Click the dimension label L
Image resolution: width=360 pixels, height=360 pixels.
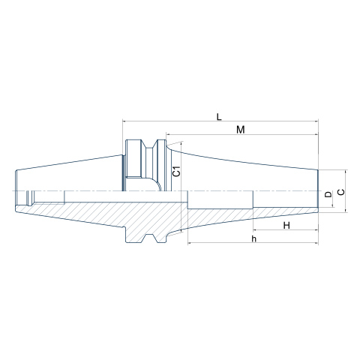click(x=219, y=116)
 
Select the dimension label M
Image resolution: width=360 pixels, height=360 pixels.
click(x=241, y=130)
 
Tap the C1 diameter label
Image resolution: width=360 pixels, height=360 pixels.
click(x=177, y=171)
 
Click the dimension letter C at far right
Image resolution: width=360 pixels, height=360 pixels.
click(x=341, y=192)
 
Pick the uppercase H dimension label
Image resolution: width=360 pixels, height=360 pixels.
click(x=286, y=226)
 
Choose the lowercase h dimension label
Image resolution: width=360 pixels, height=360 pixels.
click(x=254, y=238)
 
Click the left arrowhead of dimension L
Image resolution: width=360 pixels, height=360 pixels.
click(x=124, y=121)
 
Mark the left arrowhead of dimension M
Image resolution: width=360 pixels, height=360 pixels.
click(x=168, y=134)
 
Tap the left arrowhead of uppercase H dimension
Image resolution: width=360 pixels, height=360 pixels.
click(x=255, y=229)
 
